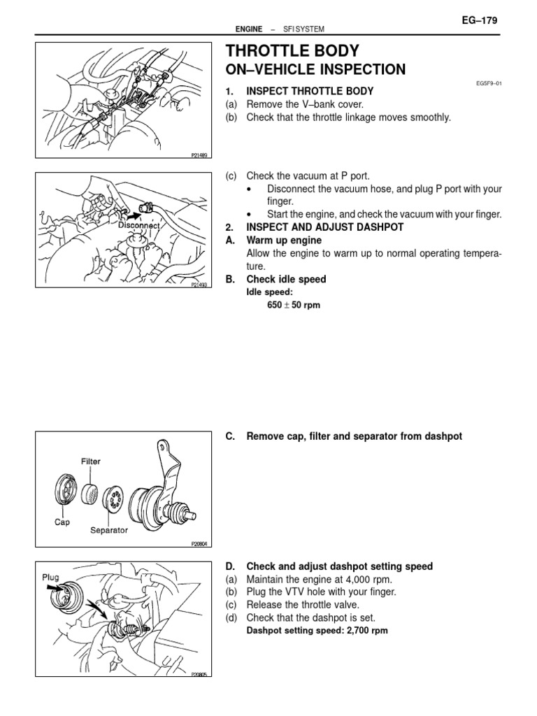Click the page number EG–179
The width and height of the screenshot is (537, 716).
(x=479, y=21)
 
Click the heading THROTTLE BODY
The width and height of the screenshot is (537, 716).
(x=292, y=51)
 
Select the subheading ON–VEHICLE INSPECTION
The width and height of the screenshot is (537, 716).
(x=315, y=69)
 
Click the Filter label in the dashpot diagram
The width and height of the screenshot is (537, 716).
(x=91, y=461)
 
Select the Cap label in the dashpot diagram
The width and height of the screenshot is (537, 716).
(x=62, y=522)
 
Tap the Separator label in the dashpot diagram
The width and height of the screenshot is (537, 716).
(x=109, y=530)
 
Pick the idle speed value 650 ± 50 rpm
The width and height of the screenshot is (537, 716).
(x=289, y=306)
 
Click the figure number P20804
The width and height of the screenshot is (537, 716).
(x=200, y=543)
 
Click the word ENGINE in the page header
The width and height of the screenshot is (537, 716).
(x=249, y=29)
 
